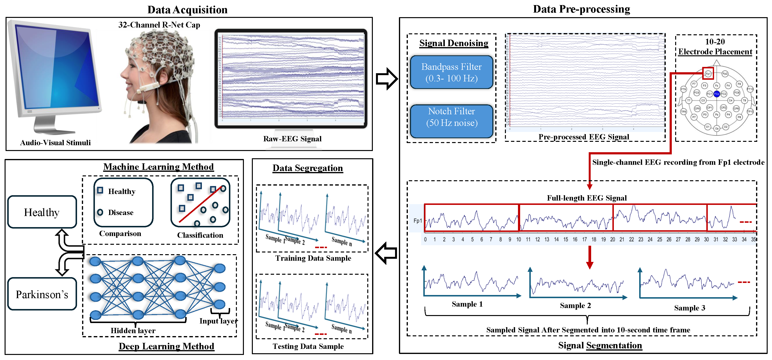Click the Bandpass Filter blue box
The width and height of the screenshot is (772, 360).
[x=451, y=72]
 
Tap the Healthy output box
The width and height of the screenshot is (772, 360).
[x=42, y=212]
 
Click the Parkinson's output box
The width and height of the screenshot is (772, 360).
[x=42, y=294]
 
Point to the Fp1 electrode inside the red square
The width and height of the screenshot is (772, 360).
[x=708, y=73]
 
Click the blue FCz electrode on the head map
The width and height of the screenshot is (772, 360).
[x=716, y=94]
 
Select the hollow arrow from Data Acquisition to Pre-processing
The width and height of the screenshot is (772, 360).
[x=387, y=79]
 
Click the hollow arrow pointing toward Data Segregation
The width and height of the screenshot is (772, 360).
[x=386, y=253]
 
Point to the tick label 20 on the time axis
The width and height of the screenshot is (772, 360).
[x=613, y=239]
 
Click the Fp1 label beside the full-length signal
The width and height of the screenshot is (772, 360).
[x=418, y=221]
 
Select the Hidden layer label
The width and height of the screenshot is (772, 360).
[x=133, y=331]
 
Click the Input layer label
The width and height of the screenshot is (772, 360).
[x=219, y=321]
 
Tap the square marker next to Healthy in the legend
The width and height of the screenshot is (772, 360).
[x=100, y=190]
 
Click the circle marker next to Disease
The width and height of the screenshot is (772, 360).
[x=100, y=212]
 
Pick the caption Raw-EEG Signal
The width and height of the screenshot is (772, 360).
[x=292, y=139]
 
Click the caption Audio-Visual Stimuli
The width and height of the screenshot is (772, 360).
[x=56, y=143]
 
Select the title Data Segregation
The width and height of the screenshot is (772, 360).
[x=307, y=168]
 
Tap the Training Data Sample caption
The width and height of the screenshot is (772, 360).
[x=313, y=258]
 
